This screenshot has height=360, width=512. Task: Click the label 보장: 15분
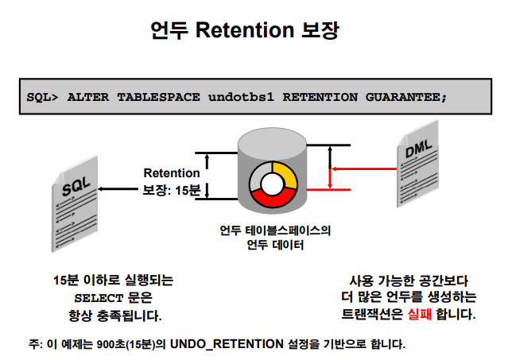coord(173,190)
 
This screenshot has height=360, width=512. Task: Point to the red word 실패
coord(421,313)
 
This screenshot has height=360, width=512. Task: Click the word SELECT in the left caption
coord(94,298)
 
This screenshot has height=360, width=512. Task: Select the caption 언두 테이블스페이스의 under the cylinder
coord(276,231)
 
